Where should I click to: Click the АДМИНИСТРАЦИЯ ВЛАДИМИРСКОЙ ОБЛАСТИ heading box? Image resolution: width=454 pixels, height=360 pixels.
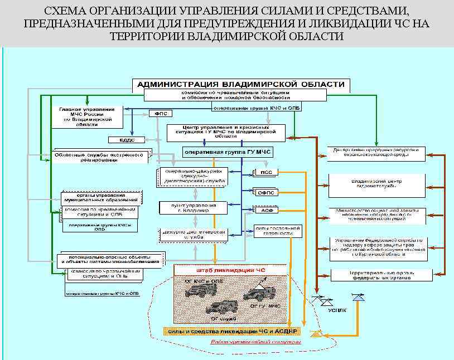(241, 84)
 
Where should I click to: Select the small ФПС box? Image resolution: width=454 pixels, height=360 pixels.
(160, 113)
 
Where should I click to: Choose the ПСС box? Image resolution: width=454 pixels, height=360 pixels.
(266, 172)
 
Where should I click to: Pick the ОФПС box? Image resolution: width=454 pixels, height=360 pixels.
(266, 192)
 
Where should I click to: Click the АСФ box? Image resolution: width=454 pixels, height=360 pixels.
(266, 210)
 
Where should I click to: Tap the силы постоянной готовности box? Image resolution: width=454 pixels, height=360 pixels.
(278, 231)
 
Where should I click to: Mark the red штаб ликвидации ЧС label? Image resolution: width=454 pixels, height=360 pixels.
(231, 270)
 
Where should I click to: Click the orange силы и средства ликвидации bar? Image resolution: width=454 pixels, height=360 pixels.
(231, 331)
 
